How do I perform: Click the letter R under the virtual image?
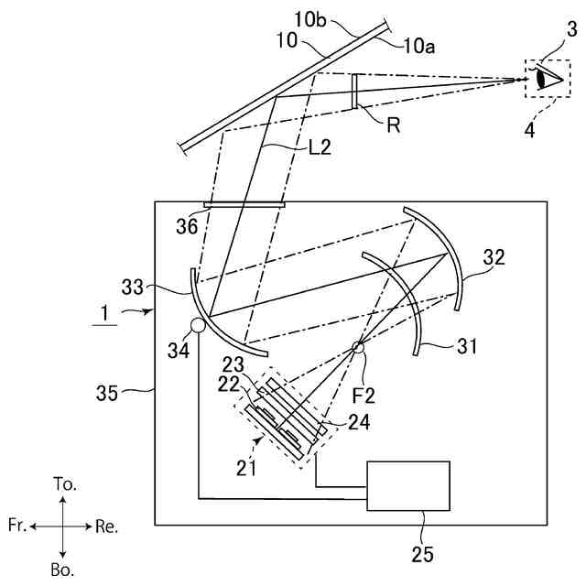[393, 126]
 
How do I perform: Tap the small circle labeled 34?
[196, 324]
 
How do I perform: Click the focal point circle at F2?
[358, 347]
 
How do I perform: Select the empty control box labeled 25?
[407, 486]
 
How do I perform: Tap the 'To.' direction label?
[63, 483]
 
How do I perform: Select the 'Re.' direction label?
[106, 526]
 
